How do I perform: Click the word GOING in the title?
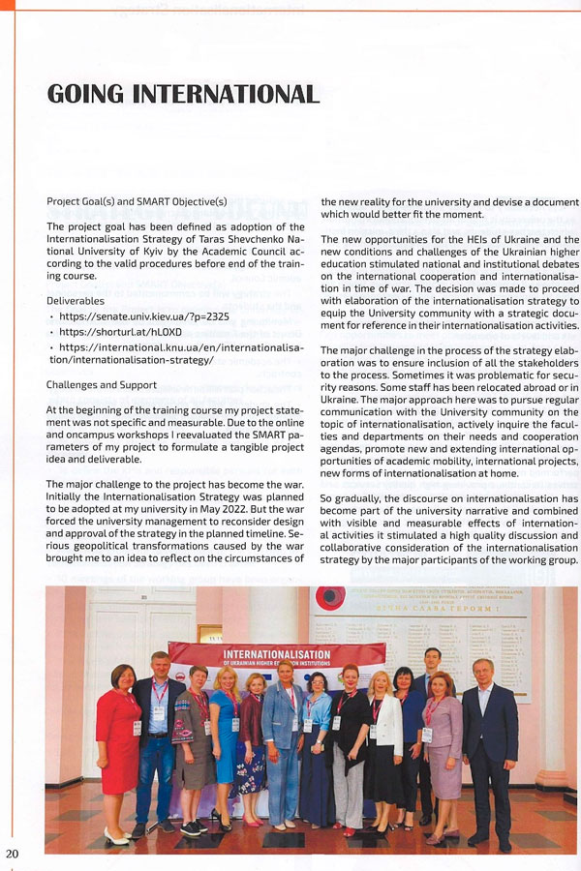(x=85, y=94)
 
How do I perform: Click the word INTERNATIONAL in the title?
(x=229, y=94)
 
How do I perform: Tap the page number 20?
(x=12, y=854)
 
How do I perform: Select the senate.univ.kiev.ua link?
(x=144, y=315)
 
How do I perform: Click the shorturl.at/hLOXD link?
(x=120, y=331)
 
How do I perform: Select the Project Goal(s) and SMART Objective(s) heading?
(x=137, y=201)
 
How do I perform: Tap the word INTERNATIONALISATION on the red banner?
(x=277, y=654)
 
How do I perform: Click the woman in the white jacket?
(x=382, y=745)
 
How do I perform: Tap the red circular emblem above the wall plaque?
(x=330, y=598)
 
